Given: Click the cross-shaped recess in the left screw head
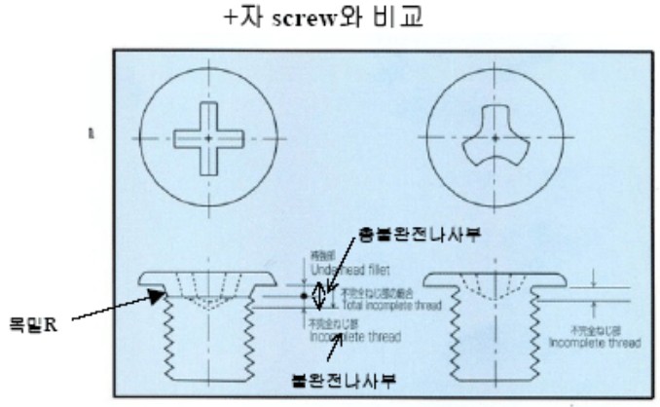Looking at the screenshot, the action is point(208,138).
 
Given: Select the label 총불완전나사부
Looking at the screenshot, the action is point(415,235).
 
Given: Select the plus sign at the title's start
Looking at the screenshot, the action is point(230,18).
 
